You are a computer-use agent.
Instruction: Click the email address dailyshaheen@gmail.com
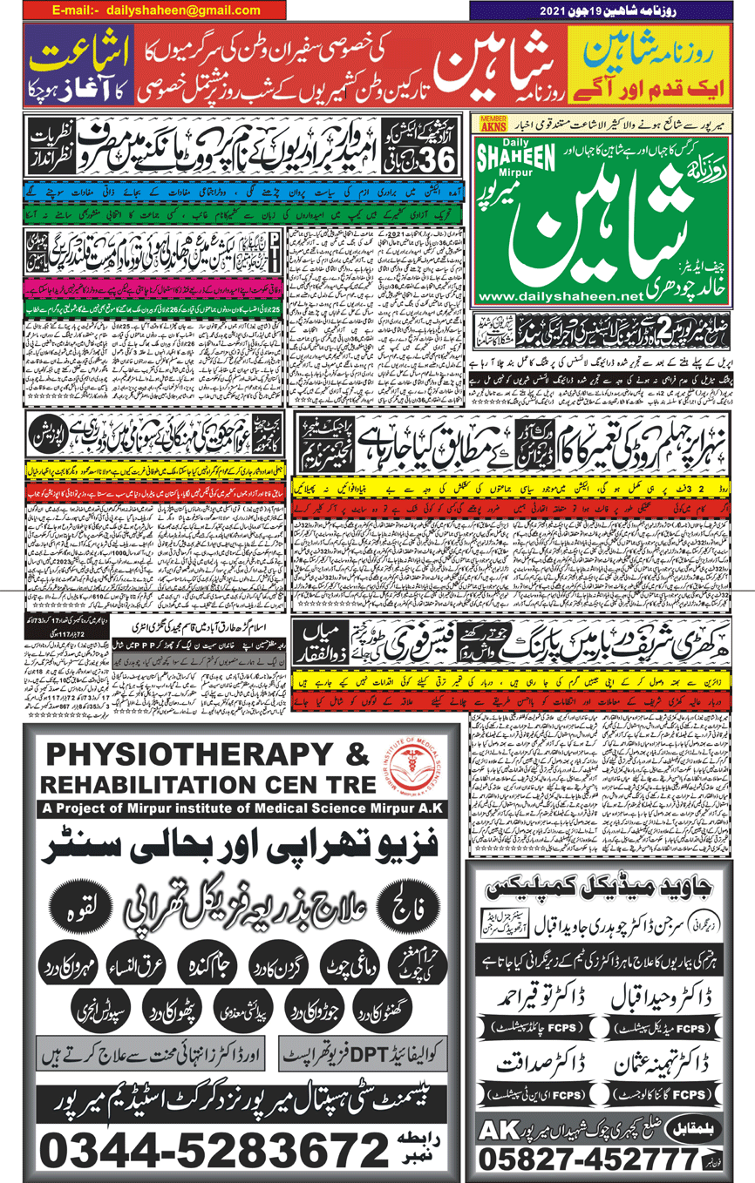pyautogui.click(x=184, y=10)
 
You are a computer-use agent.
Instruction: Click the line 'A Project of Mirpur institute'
pyautogui.click(x=235, y=809)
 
